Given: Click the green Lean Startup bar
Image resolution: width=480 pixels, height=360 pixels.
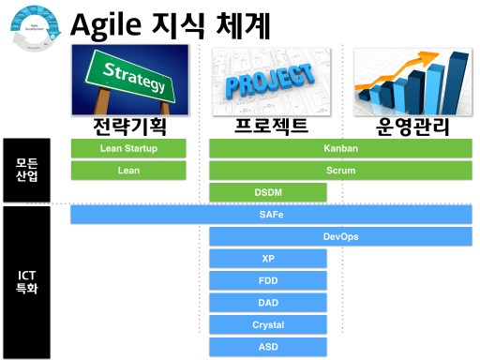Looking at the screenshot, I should [x=128, y=148].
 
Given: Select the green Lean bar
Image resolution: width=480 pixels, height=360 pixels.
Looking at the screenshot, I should [x=128, y=171].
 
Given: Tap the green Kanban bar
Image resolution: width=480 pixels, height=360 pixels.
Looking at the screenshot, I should [x=340, y=148].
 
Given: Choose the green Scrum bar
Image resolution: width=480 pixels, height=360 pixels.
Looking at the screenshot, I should [x=340, y=171].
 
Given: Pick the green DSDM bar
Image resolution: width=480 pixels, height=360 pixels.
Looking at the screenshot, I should [x=268, y=193].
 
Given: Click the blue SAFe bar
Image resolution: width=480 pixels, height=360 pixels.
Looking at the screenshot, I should [x=271, y=215].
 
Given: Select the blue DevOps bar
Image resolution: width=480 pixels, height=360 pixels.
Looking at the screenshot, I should [x=340, y=236].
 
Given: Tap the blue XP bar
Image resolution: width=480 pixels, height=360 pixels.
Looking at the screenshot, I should [x=268, y=259].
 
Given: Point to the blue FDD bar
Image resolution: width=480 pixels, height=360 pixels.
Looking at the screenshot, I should [x=268, y=280].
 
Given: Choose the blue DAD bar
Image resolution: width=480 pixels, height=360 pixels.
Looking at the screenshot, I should [x=268, y=303].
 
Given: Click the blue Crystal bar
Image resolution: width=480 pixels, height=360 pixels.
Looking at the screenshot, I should [x=268, y=325].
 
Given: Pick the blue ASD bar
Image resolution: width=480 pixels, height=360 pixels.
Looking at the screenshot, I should [x=268, y=347].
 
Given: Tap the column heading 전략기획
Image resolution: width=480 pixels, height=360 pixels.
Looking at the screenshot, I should [x=129, y=127].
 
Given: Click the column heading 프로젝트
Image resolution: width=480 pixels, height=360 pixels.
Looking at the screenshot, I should [x=269, y=127].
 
